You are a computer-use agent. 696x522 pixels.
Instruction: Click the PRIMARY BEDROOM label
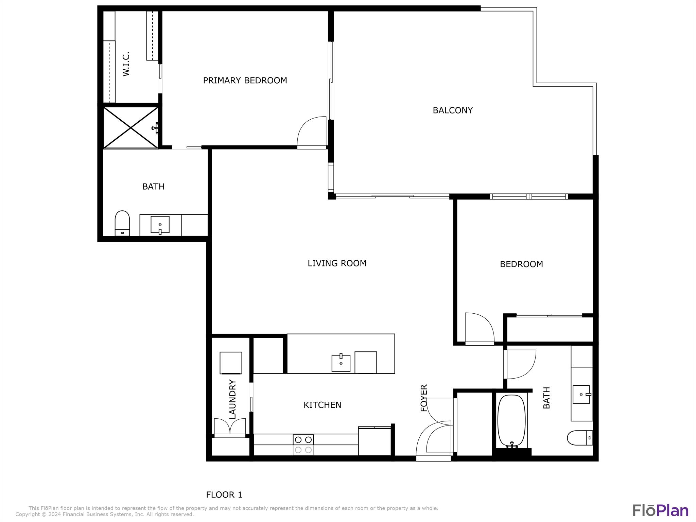[245, 81]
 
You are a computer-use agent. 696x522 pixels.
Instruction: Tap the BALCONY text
[453, 110]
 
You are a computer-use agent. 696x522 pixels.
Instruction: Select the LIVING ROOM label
[337, 263]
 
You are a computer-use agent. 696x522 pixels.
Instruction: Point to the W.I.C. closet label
[126, 64]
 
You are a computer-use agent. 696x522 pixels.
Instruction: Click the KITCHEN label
[322, 405]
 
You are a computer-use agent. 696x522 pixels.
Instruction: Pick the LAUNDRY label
[232, 399]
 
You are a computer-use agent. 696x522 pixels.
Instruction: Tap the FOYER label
[424, 398]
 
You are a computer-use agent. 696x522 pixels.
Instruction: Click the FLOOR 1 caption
[224, 495]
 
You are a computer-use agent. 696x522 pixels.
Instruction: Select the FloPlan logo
[660, 511]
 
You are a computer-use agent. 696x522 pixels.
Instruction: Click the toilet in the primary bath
[122, 223]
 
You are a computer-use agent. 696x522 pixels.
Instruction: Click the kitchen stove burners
[303, 445]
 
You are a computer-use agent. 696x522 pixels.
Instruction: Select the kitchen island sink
[341, 363]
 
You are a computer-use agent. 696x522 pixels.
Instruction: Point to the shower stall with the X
[131, 128]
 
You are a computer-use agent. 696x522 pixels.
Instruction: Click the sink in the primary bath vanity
[160, 225]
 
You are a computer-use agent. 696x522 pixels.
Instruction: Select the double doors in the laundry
[230, 427]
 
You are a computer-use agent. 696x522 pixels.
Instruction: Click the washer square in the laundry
[231, 363]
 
